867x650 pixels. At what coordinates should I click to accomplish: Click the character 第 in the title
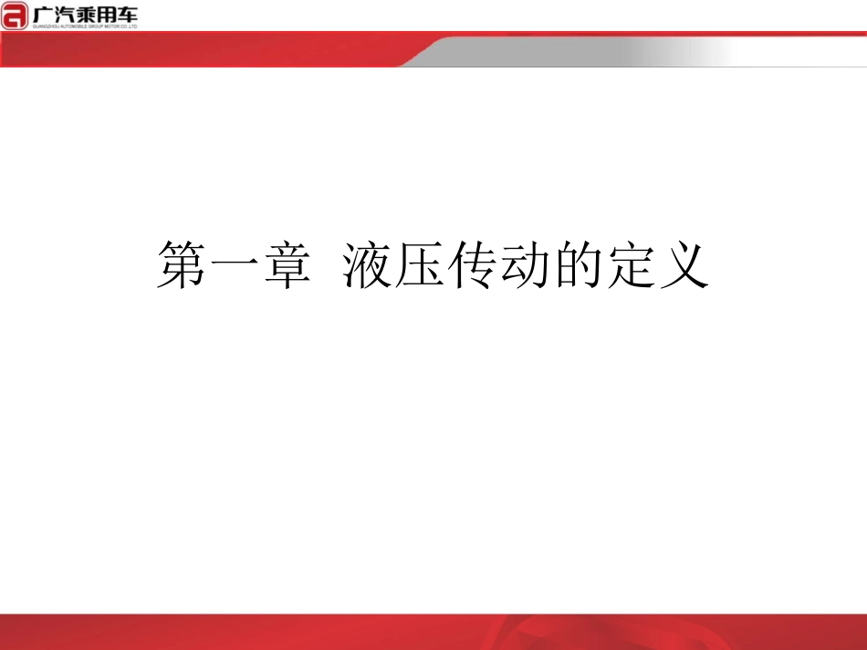pyautogui.click(x=182, y=265)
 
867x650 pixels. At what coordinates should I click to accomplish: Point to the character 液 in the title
pyautogui.click(x=369, y=265)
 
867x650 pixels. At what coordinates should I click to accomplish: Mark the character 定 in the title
pyautogui.click(x=632, y=265)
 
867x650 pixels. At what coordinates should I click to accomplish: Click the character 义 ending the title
pyautogui.click(x=684, y=265)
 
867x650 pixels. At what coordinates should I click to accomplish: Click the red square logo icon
pyautogui.click(x=15, y=15)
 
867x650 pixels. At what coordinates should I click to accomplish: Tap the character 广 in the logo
pyautogui.click(x=42, y=13)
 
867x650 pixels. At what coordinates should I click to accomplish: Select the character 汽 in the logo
pyautogui.click(x=65, y=13)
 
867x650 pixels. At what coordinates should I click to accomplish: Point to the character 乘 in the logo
pyautogui.click(x=87, y=13)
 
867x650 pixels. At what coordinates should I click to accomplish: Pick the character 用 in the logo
pyautogui.click(x=109, y=13)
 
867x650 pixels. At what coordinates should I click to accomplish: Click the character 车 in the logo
pyautogui.click(x=130, y=13)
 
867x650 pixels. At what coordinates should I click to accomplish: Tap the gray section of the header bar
pyautogui.click(x=639, y=52)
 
